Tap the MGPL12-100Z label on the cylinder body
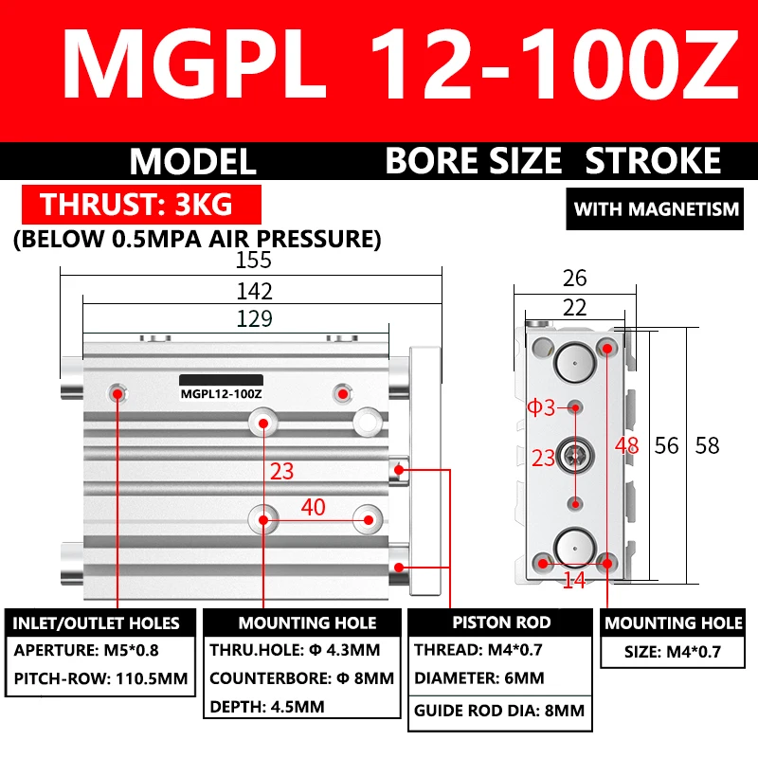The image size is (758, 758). pyautogui.click(x=221, y=393)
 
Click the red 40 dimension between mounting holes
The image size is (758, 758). pyautogui.click(x=313, y=507)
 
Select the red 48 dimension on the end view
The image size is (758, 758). pyautogui.click(x=626, y=444)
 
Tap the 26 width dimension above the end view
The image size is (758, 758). pyautogui.click(x=574, y=278)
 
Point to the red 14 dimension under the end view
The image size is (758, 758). pyautogui.click(x=574, y=580)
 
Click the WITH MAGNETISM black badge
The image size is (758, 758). pyautogui.click(x=656, y=208)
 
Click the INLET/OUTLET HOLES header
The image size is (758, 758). pyautogui.click(x=96, y=623)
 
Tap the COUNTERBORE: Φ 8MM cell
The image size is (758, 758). pyautogui.click(x=301, y=679)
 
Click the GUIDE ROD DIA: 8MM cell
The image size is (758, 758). pyautogui.click(x=499, y=711)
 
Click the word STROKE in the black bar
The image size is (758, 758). pyautogui.click(x=653, y=161)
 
